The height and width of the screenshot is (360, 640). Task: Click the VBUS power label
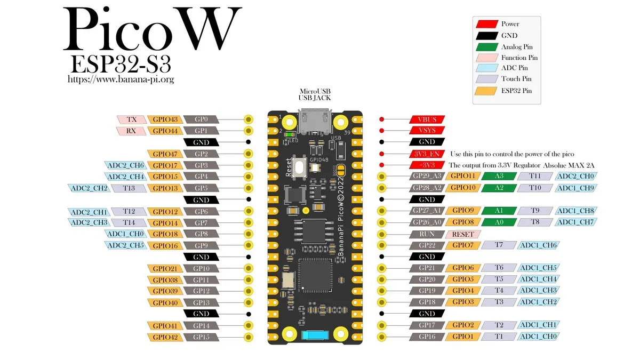(427, 119)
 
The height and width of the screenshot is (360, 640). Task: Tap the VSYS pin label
(427, 131)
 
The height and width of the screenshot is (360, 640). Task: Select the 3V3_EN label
(427, 154)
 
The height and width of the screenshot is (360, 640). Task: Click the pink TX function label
(131, 119)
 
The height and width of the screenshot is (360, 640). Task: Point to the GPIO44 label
(165, 131)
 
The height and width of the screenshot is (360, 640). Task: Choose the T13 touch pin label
(129, 188)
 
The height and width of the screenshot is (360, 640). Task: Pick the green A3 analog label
(499, 176)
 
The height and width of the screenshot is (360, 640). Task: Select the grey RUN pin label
(427, 234)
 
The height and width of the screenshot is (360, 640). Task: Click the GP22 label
(427, 245)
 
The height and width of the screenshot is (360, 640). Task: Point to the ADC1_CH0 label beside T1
(539, 337)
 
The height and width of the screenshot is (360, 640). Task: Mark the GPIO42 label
(165, 337)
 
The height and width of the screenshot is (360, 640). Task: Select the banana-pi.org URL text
(121, 79)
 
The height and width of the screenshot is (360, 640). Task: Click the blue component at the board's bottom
(315, 336)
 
